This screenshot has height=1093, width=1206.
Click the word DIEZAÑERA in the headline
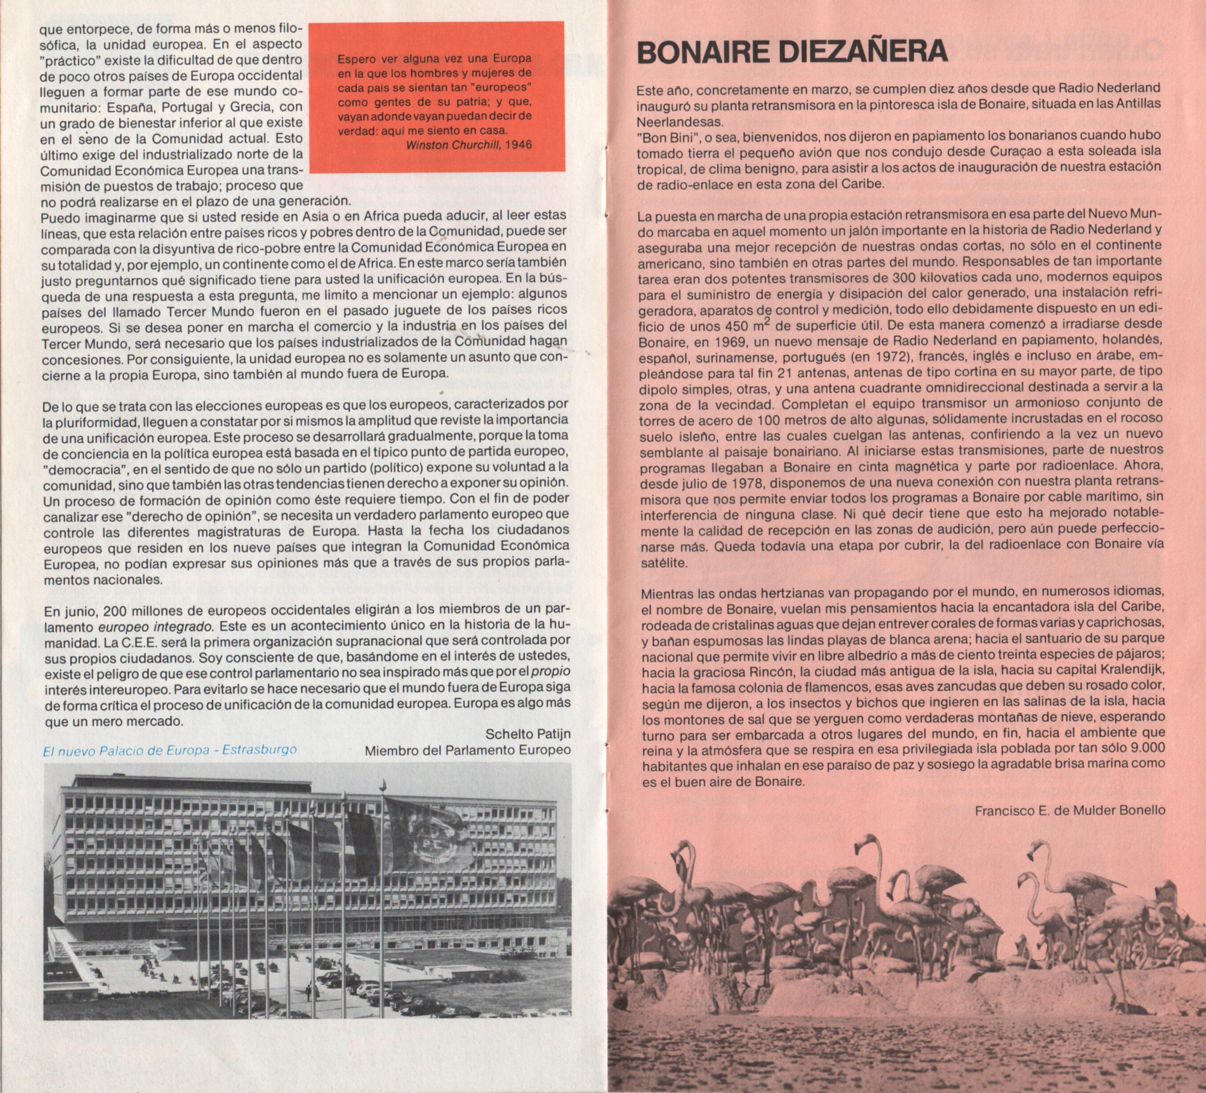tap(863, 52)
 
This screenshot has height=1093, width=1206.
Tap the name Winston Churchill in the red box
tap(453, 145)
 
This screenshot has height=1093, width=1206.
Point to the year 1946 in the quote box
tap(518, 145)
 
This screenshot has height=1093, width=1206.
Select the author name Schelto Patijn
tap(528, 734)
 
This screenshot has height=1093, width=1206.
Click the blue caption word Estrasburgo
tap(259, 750)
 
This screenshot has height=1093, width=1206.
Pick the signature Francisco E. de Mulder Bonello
tap(1070, 811)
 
